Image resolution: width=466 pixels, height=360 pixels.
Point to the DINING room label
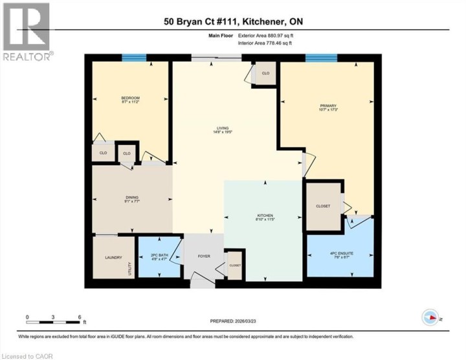[132, 199]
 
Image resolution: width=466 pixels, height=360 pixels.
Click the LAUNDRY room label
[113, 258]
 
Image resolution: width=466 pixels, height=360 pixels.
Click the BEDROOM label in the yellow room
[130, 99]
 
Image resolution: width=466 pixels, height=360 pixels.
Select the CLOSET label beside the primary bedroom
[323, 207]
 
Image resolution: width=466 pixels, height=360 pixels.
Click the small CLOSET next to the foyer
[234, 265]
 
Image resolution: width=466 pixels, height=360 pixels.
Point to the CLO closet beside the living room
[265, 73]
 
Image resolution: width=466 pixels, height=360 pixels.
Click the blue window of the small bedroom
[134, 58]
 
